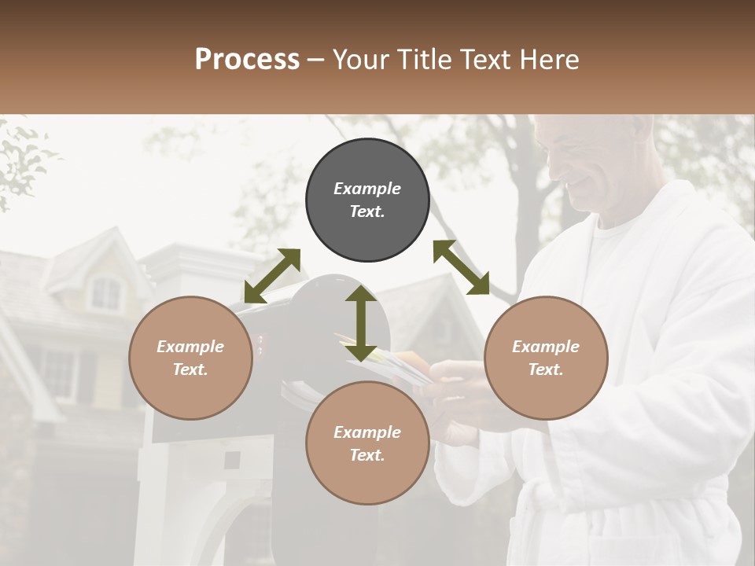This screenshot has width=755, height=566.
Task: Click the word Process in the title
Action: [247, 60]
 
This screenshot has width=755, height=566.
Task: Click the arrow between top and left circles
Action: [272, 276]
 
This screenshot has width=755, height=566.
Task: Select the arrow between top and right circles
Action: [461, 267]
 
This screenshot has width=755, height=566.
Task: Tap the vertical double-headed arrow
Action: [361, 323]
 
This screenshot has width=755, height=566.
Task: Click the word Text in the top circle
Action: [367, 211]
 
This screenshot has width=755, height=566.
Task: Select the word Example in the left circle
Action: [190, 347]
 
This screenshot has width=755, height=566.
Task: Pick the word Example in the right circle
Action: [546, 347]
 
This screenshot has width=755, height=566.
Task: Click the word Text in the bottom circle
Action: [367, 455]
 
